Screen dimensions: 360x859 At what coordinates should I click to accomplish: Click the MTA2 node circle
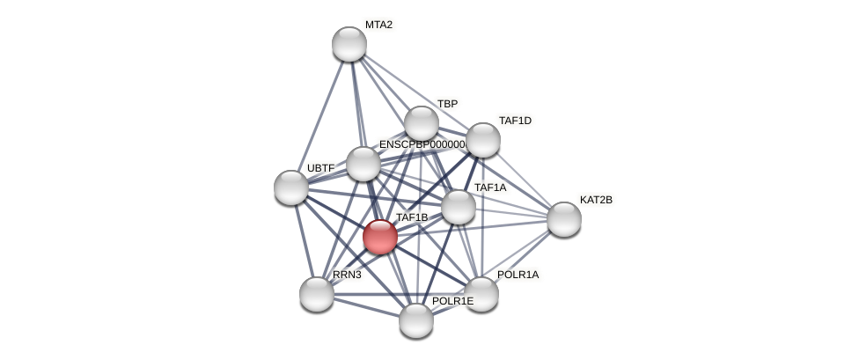pyautogui.click(x=349, y=44)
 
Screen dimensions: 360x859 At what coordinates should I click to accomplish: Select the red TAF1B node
pyautogui.click(x=380, y=236)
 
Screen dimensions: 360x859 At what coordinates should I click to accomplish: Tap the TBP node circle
pyautogui.click(x=422, y=123)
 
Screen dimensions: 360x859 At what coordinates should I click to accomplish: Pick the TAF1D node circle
pyautogui.click(x=483, y=140)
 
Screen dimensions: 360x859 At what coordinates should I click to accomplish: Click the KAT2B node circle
pyautogui.click(x=564, y=219)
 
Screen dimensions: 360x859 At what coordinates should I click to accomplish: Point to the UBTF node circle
pyautogui.click(x=291, y=187)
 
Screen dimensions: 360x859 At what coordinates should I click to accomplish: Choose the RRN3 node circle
pyautogui.click(x=317, y=294)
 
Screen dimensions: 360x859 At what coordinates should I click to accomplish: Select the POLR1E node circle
pyautogui.click(x=416, y=320)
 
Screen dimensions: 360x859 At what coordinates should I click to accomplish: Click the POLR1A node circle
pyautogui.click(x=481, y=294)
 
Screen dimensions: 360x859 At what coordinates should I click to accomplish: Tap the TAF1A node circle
pyautogui.click(x=459, y=207)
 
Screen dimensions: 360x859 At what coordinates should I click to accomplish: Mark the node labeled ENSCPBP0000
pyautogui.click(x=363, y=164)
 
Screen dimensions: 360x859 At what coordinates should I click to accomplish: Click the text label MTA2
pyautogui.click(x=378, y=25)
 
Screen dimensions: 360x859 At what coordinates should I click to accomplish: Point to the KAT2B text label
pyautogui.click(x=596, y=200)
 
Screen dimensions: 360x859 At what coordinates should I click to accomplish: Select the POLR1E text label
pyautogui.click(x=452, y=302)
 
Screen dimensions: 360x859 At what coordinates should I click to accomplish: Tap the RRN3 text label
pyautogui.click(x=347, y=275)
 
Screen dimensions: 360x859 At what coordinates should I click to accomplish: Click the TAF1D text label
pyautogui.click(x=515, y=121)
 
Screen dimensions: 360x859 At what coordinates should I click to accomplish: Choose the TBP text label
pyautogui.click(x=447, y=104)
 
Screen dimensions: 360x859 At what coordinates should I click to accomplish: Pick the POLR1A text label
pyautogui.click(x=518, y=275)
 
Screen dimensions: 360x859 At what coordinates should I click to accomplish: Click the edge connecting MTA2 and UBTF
pyautogui.click(x=320, y=115)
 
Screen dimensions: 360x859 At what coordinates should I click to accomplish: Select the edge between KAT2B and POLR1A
pyautogui.click(x=523, y=256)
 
